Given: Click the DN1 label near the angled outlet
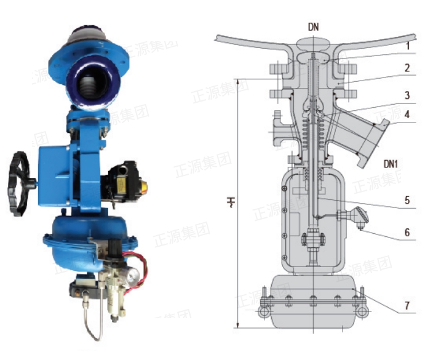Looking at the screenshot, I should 392,164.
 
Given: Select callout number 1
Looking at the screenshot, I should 408,46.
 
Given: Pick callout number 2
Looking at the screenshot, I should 408,68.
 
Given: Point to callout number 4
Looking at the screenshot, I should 408,114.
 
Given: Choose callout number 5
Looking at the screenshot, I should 408,199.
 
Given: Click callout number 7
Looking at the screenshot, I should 408,305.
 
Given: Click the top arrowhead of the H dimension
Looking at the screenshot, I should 237,80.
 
